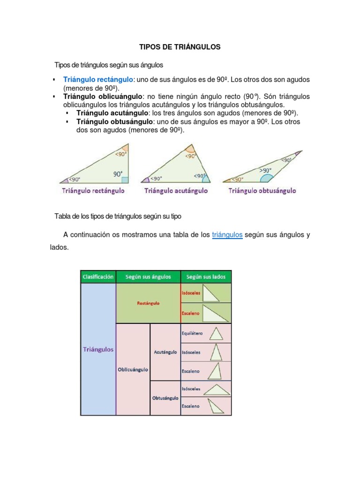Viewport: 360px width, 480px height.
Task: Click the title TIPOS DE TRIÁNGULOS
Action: (x=180, y=47)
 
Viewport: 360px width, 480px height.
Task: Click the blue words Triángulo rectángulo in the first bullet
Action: (x=98, y=80)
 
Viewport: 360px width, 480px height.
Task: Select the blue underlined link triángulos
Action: (x=227, y=234)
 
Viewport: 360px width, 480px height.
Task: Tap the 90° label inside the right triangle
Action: (x=118, y=174)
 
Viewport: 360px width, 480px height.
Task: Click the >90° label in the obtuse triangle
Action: (x=266, y=170)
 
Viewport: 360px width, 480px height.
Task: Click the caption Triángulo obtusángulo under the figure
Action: (x=262, y=191)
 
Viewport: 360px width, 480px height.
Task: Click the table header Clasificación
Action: (x=98, y=277)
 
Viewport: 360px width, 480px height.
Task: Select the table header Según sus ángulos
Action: (x=148, y=277)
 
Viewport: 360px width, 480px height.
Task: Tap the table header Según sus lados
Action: (x=206, y=277)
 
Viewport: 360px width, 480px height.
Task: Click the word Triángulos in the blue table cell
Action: (x=98, y=350)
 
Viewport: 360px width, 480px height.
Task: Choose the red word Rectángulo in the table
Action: (x=148, y=303)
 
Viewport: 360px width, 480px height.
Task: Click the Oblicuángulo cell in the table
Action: (x=133, y=369)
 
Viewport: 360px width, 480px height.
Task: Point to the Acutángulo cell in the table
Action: (x=165, y=352)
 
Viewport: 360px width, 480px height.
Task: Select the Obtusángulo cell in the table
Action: (x=165, y=398)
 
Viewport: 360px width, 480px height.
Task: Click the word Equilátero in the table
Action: (x=192, y=334)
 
